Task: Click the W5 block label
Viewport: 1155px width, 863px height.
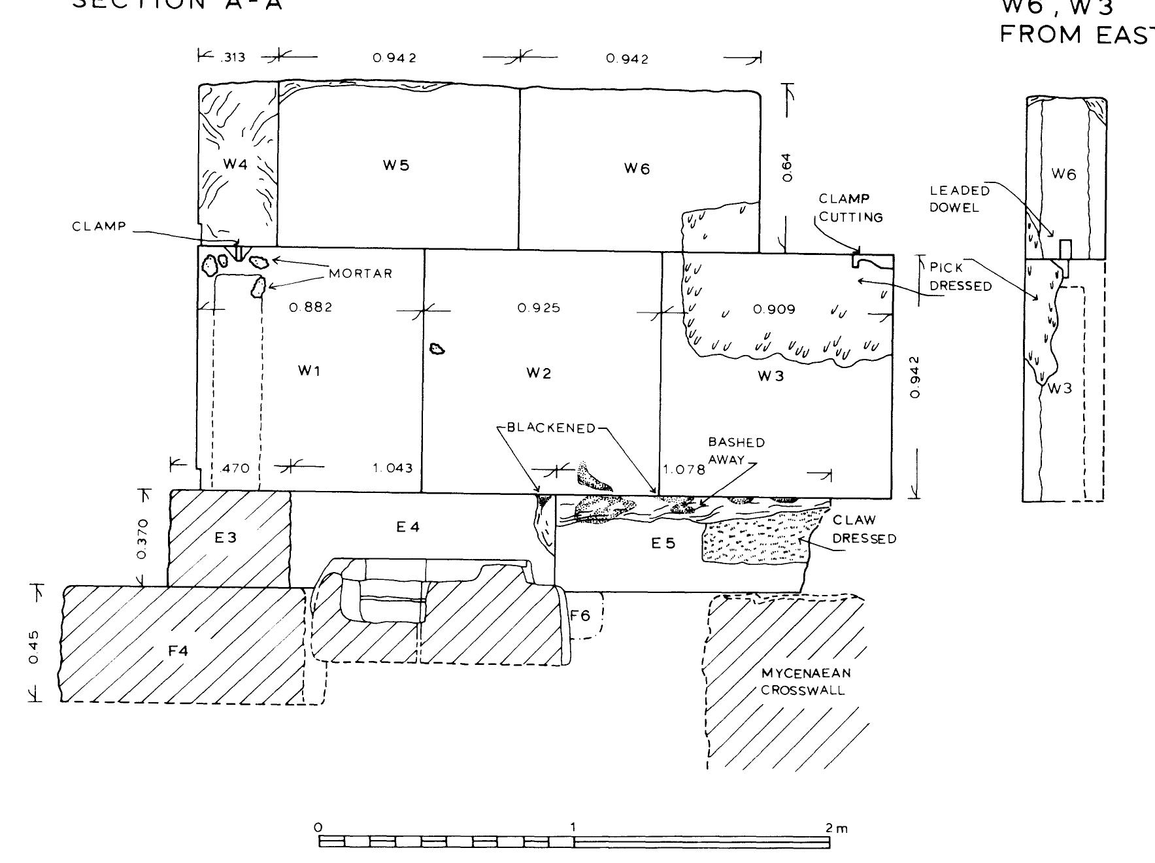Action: click(396, 165)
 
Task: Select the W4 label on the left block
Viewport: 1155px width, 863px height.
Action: click(235, 164)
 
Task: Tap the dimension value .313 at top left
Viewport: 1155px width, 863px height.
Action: click(232, 58)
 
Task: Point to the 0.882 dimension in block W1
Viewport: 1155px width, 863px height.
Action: click(311, 307)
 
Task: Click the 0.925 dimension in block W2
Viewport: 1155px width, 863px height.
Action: click(539, 308)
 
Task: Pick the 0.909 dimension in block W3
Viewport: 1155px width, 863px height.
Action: click(775, 309)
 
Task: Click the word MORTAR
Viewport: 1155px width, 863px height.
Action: click(361, 273)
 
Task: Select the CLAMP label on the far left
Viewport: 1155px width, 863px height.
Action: click(99, 227)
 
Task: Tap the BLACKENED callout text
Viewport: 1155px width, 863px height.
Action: click(552, 428)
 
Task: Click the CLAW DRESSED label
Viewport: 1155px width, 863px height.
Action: click(863, 529)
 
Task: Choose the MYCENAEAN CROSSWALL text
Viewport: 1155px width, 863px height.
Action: click(806, 681)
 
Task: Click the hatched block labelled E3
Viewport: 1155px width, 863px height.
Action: click(226, 537)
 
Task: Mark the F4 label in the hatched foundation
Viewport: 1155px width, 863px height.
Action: click(178, 651)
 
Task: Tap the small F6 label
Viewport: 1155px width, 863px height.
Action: click(580, 615)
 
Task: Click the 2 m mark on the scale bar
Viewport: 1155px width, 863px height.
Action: click(835, 828)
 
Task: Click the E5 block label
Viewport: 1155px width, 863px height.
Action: click(663, 543)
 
